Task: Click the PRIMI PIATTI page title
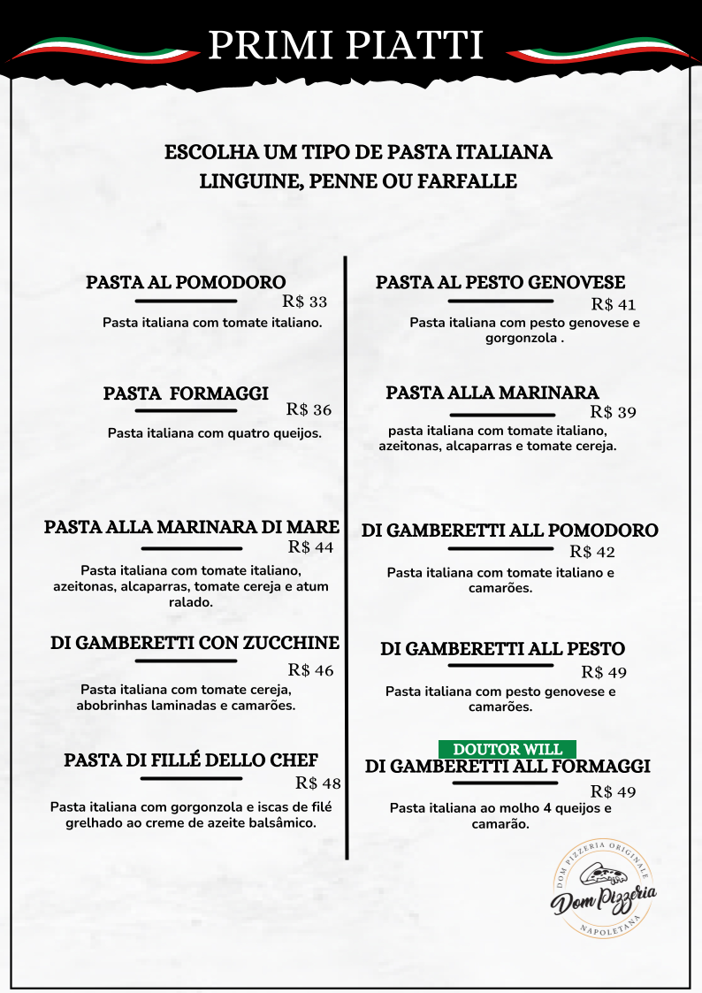pos(347,45)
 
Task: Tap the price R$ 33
pos(305,302)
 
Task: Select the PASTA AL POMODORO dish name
pos(186,283)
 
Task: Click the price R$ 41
pos(614,305)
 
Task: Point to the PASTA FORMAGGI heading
pos(186,393)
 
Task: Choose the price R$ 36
pos(309,409)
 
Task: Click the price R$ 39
pos(614,412)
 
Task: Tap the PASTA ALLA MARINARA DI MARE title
pos(192,527)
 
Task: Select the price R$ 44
pos(311,547)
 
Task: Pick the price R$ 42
pos(592,552)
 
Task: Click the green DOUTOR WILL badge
pos(507,749)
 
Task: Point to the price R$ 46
pos(311,670)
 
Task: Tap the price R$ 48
pos(318,783)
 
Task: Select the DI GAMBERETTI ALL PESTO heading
pos(502,649)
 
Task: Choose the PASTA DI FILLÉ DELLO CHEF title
pos(191,760)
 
